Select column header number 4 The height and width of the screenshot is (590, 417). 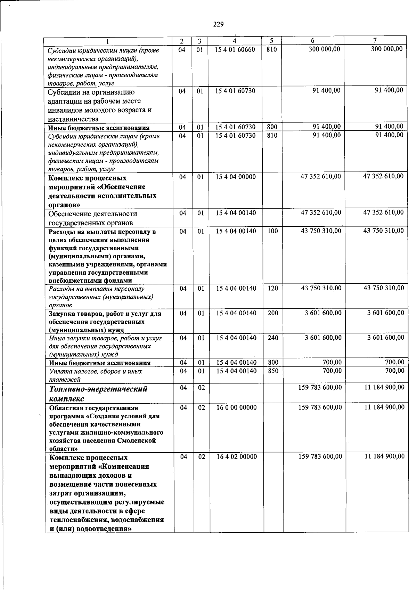(x=235, y=41)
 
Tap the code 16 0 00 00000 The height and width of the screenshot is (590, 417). (x=236, y=407)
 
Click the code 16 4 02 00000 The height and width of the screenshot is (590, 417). (x=236, y=457)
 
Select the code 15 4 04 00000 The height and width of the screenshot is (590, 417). (x=235, y=177)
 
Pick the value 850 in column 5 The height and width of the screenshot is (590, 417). (x=273, y=371)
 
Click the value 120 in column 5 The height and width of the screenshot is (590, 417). (x=273, y=289)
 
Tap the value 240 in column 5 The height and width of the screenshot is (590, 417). (x=273, y=338)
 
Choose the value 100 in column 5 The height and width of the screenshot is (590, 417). (x=273, y=231)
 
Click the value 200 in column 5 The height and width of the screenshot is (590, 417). (x=273, y=313)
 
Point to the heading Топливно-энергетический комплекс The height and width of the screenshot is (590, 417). (x=98, y=394)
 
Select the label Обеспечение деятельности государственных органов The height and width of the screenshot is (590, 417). (x=92, y=218)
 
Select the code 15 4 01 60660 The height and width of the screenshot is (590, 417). (x=235, y=49)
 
